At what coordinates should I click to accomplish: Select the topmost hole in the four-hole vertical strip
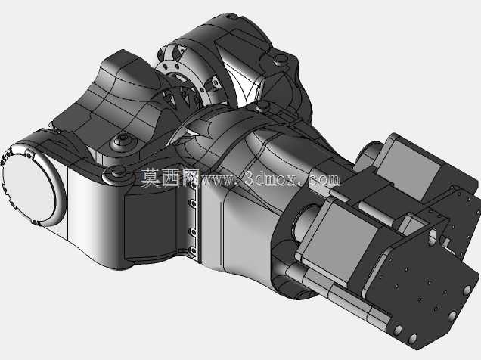click(194, 185)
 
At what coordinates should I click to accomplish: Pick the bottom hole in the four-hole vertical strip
click(194, 251)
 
